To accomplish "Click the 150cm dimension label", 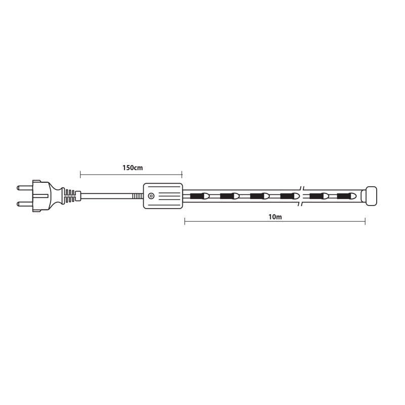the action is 133,168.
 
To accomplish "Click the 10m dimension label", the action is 275,217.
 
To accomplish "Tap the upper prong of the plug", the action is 25,187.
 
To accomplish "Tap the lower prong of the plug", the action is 25,205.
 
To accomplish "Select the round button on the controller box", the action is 151,196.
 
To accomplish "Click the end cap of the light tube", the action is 372,196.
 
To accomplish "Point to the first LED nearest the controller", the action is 199,196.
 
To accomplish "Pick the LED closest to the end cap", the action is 347,196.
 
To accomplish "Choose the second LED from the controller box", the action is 230,196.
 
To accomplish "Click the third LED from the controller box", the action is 260,196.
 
